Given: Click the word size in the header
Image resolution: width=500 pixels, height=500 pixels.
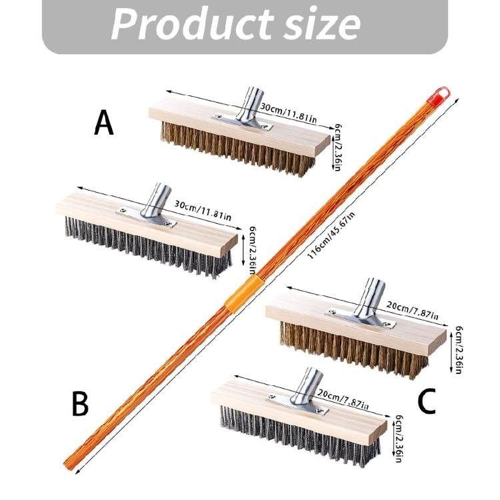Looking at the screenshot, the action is point(322,25).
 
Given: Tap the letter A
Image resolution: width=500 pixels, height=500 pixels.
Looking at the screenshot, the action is point(104,123).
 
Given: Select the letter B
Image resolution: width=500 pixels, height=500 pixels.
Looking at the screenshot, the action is point(80,404).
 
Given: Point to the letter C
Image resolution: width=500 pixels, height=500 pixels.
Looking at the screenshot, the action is point(427,401).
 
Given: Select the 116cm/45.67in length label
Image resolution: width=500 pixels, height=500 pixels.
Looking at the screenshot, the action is point(331,235).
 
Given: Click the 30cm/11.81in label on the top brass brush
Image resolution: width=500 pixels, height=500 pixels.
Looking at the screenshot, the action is point(288,113).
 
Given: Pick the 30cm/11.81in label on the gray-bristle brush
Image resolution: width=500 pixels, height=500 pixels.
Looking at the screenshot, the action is point(203,211).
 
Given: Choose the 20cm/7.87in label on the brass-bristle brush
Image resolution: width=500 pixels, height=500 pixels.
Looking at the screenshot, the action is point(412,310).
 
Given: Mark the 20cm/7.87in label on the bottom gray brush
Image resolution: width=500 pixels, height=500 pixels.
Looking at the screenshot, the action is point(343,399).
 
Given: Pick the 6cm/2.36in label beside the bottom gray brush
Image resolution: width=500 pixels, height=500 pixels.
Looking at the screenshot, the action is point(398,438).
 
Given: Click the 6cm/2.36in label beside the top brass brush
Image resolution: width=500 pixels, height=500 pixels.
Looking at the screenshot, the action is point(338,147).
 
